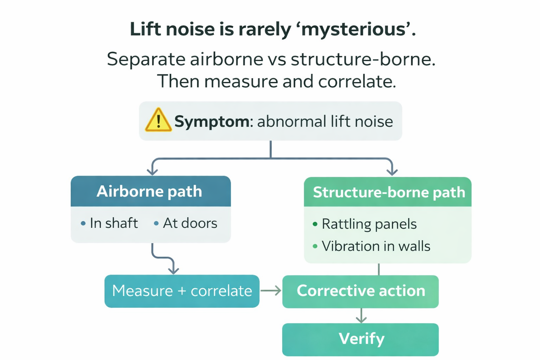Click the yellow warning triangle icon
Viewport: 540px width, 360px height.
158,121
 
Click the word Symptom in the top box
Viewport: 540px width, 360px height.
212,122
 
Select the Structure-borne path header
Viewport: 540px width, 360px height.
388,192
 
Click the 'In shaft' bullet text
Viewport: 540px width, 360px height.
114,223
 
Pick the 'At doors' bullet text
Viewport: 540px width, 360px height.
190,223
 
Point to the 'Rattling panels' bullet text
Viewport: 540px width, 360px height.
369,224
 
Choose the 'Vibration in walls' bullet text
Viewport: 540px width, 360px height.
376,246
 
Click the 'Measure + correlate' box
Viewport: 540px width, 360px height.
182,291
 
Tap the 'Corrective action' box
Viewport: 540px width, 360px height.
360,291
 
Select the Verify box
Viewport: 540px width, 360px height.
361,339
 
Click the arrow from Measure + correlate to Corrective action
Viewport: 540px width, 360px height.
271,291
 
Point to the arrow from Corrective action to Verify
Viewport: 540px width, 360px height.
361,316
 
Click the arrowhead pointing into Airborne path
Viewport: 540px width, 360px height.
152,172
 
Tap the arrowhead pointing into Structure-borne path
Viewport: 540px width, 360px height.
392,172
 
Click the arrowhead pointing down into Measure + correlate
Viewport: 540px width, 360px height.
173,270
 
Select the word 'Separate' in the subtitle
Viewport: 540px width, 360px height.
146,59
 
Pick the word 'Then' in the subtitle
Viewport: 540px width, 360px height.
178,82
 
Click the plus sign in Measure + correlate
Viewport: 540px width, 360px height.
182,291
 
